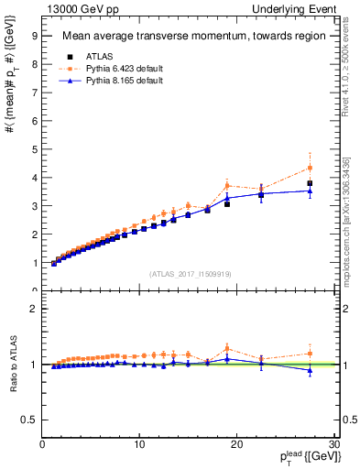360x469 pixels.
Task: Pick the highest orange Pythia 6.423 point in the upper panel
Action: click(x=310, y=168)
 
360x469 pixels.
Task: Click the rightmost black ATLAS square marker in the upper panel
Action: click(x=310, y=183)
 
